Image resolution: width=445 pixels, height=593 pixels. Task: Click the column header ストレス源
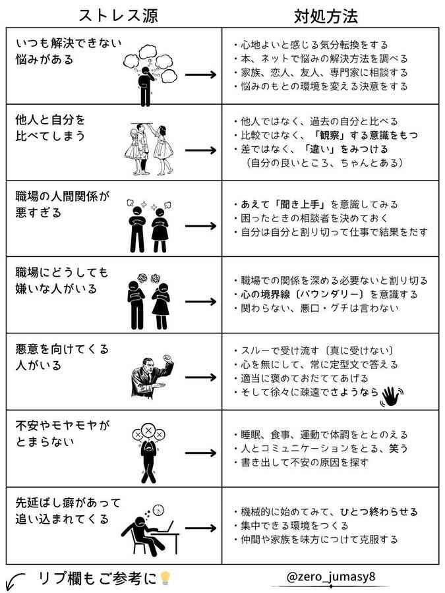pyautogui.click(x=118, y=16)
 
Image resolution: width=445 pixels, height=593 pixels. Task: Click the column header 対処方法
pyautogui.click(x=326, y=16)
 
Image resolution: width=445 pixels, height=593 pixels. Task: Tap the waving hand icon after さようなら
pyautogui.click(x=392, y=396)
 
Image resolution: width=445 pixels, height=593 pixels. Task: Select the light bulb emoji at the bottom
pyautogui.click(x=165, y=578)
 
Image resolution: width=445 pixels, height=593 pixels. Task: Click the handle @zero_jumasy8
pyautogui.click(x=331, y=577)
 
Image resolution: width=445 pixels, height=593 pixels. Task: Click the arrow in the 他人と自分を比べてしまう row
pyautogui.click(x=200, y=150)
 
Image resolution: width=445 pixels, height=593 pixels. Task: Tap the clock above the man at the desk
pyautogui.click(x=159, y=509)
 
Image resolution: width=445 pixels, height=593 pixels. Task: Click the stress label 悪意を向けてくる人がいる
pyautogui.click(x=62, y=356)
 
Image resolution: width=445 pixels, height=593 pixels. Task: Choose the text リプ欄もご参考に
pyautogui.click(x=98, y=578)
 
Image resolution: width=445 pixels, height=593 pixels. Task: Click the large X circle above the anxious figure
pyautogui.click(x=148, y=430)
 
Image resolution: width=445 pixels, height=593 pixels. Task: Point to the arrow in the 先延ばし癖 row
pyautogui.click(x=200, y=528)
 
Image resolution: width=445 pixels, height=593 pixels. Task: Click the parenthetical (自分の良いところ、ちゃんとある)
pyautogui.click(x=324, y=163)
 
